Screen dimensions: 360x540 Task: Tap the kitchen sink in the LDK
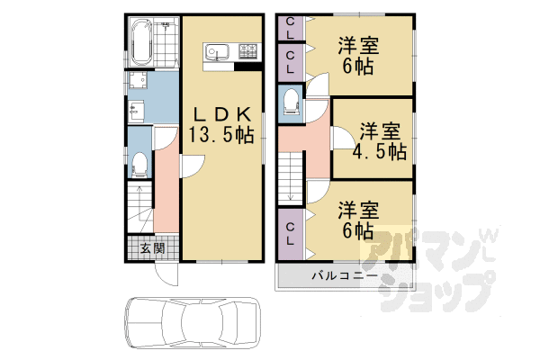pyautogui.click(x=216, y=51)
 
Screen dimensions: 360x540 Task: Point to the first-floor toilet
pyautogui.click(x=139, y=165)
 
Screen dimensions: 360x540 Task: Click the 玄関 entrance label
pyautogui.click(x=152, y=247)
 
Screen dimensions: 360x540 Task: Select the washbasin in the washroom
pyautogui.click(x=138, y=112)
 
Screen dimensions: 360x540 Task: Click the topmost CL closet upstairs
pyautogui.click(x=289, y=28)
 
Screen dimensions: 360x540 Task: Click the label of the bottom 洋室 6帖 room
pyautogui.click(x=357, y=220)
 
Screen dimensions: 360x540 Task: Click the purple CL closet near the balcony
pyautogui.click(x=290, y=231)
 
